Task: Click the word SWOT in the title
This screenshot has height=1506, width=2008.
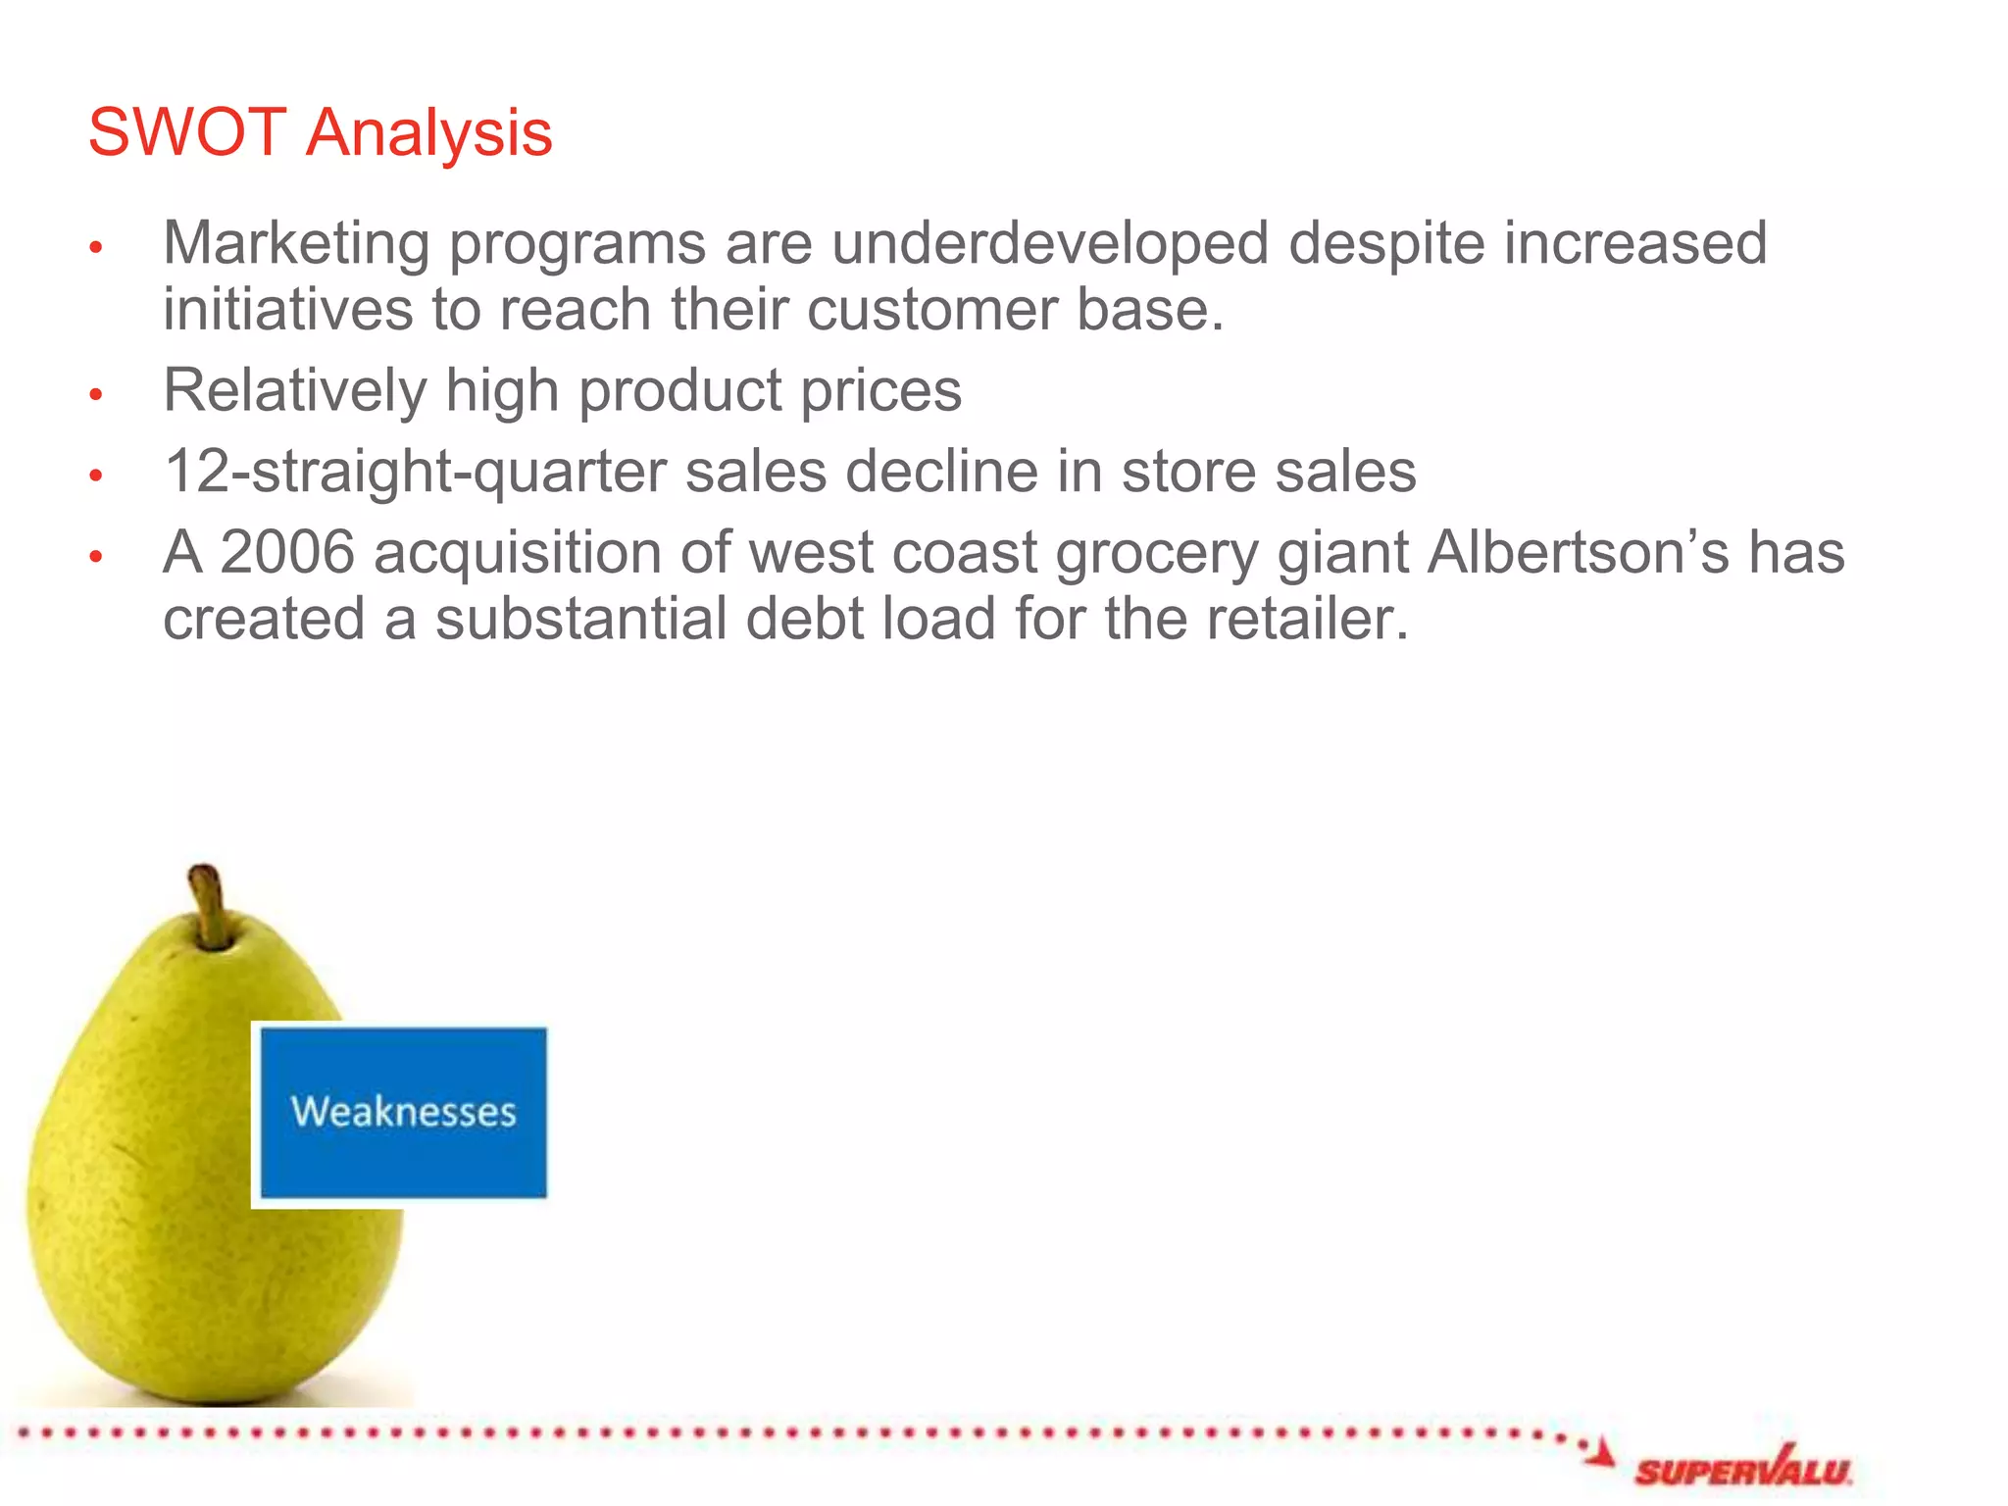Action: [186, 132]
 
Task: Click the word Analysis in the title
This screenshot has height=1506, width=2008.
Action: [428, 134]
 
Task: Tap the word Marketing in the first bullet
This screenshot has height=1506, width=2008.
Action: [296, 243]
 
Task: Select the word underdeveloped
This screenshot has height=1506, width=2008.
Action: [1049, 243]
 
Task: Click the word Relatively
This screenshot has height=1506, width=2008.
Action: [294, 391]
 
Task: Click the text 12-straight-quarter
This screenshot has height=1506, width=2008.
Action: [415, 472]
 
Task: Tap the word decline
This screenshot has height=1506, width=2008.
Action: [941, 472]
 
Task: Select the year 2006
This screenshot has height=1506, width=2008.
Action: [286, 552]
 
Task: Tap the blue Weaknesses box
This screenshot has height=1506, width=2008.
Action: [403, 1113]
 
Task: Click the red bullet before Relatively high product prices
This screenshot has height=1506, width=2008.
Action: [96, 395]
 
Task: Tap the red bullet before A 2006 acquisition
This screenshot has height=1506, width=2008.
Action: [96, 557]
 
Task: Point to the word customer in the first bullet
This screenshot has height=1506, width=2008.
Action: [931, 310]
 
